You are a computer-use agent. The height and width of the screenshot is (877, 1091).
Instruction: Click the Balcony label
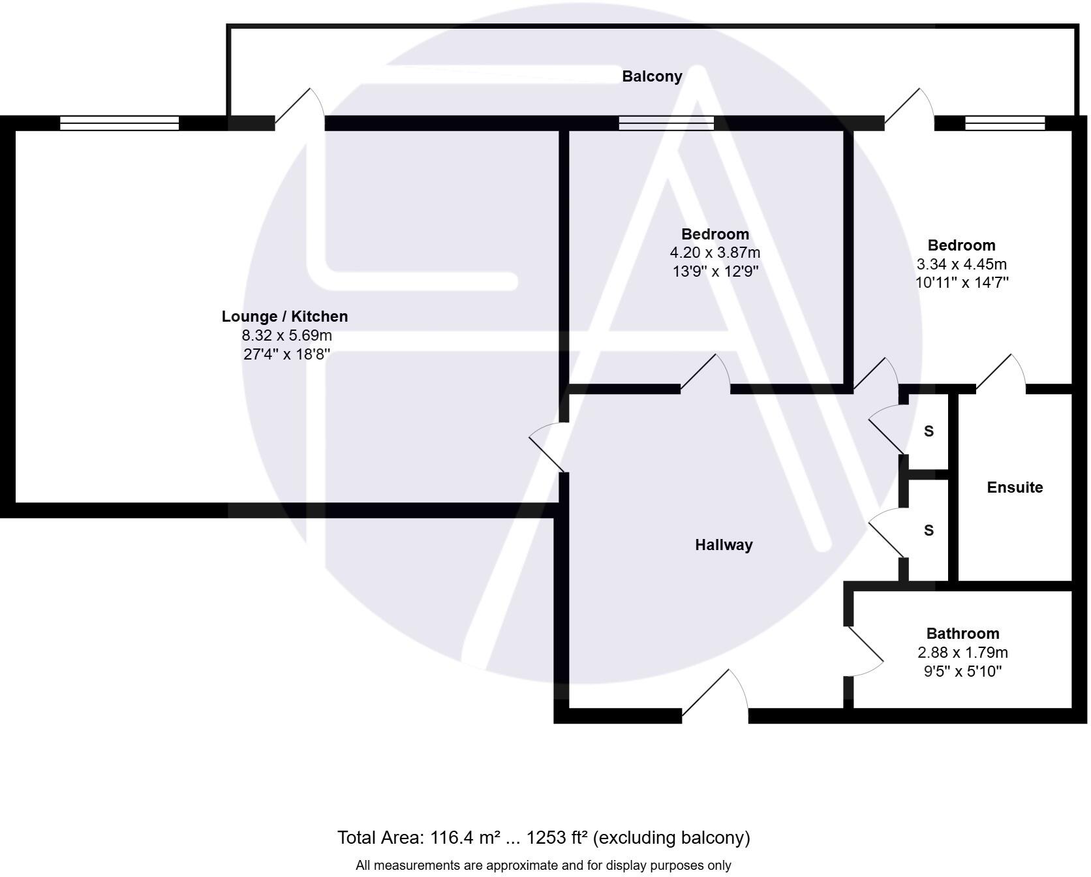pos(652,76)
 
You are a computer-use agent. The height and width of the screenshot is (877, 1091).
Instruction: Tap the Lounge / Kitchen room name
pos(284,316)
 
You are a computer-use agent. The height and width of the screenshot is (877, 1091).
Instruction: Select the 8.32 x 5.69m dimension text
pos(286,335)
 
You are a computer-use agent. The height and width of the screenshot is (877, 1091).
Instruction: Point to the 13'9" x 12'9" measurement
pos(715,271)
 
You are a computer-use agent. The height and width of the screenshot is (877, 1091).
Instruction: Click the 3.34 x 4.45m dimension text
pos(961,264)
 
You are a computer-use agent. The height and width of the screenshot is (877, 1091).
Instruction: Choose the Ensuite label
pos(1015,487)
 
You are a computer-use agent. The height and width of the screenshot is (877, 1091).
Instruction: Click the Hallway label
pos(724,545)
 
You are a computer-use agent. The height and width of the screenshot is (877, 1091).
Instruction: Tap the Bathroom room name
pos(962,634)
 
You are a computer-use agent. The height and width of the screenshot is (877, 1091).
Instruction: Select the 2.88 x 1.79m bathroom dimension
pos(962,653)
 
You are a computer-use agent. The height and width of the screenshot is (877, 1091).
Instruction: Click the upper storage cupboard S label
pos(929,431)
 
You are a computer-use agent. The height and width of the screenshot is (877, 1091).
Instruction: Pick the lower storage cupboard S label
pos(929,531)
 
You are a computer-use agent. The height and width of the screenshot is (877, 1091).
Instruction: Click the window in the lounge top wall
pos(119,123)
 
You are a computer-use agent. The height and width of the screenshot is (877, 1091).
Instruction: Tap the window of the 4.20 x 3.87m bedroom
pos(666,123)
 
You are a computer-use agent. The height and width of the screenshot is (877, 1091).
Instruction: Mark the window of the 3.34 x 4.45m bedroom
pos(1005,123)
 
